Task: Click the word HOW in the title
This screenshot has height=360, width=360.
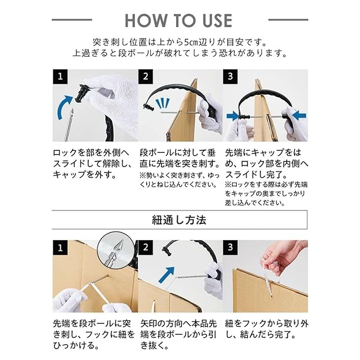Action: (146, 20)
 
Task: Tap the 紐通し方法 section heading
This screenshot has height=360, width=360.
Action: (179, 220)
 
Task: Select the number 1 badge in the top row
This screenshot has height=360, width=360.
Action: (60, 76)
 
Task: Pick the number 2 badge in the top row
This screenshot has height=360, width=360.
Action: (146, 76)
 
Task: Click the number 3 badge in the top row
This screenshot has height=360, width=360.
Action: (231, 76)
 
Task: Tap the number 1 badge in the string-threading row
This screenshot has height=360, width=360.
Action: (60, 247)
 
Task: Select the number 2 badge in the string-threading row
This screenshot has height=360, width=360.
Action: (146, 247)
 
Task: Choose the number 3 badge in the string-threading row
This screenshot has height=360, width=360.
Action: (231, 247)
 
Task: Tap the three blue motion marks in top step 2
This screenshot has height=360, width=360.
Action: (163, 103)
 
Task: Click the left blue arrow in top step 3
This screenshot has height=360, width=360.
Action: (233, 116)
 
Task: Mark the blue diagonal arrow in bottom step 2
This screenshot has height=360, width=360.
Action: (166, 274)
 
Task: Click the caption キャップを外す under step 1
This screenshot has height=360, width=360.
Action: (84, 175)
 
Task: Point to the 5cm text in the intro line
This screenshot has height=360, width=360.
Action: (190, 43)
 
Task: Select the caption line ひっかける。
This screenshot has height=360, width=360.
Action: (76, 345)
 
